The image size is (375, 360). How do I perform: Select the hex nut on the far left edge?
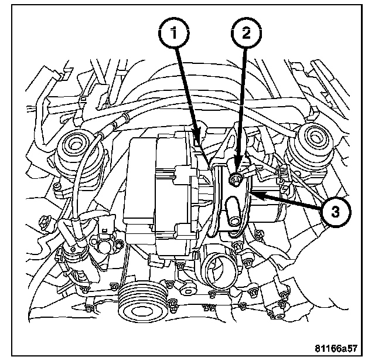(x=44, y=222)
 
